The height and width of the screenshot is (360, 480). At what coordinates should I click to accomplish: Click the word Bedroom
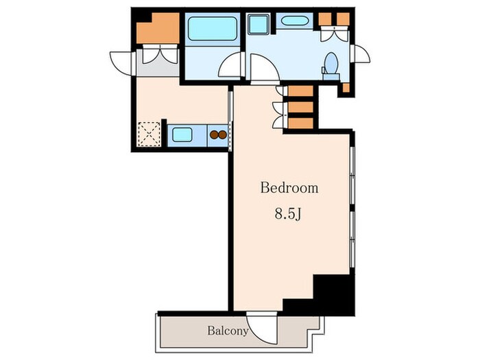pos(289,188)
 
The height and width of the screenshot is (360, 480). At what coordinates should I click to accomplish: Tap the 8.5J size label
pos(288,214)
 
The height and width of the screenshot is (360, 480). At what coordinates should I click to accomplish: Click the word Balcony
pos(228,331)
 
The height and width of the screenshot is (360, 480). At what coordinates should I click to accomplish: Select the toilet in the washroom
pos(331,66)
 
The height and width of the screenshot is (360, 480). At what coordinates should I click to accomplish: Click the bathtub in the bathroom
pos(213,29)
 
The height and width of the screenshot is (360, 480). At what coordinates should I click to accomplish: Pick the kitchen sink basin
pos(182,134)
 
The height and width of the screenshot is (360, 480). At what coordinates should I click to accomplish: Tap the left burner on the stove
pos(214,134)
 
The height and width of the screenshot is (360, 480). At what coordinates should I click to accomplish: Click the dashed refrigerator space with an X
pos(149,134)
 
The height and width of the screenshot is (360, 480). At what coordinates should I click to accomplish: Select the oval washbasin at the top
pos(294,21)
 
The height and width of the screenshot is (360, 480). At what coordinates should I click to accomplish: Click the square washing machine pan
pos(259,24)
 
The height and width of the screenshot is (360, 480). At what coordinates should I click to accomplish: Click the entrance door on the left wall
pos(122,63)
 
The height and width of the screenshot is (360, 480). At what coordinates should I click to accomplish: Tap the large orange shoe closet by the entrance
pos(158,29)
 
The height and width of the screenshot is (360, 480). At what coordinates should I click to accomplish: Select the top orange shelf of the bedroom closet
pos(300,91)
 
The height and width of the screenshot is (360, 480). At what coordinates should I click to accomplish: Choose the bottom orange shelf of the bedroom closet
pos(300,123)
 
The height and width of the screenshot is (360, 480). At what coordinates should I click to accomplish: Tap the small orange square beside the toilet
pos(346,88)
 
